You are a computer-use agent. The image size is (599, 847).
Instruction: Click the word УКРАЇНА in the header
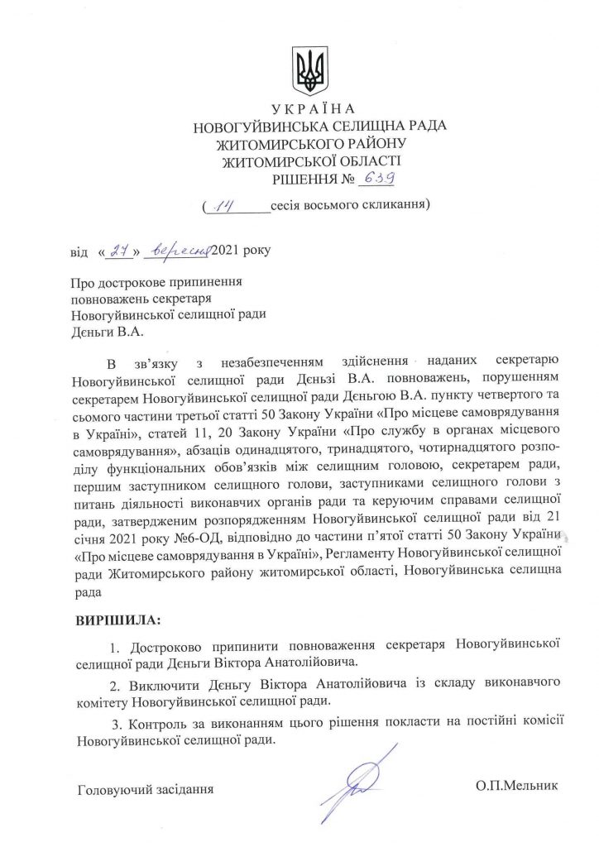coord(313,110)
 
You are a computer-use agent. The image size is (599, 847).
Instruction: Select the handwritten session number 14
coord(224,202)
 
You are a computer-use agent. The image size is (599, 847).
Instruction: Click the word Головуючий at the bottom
coord(118,788)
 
